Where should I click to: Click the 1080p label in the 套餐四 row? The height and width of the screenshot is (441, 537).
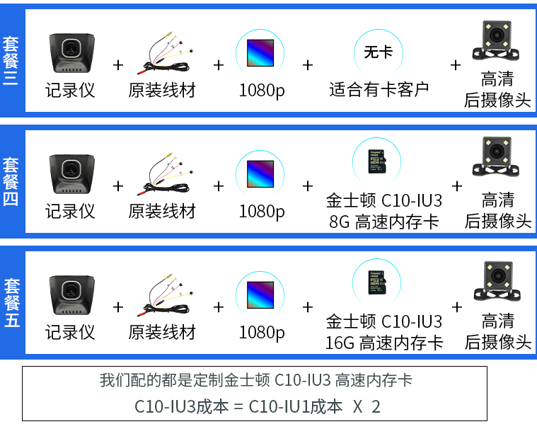(261, 212)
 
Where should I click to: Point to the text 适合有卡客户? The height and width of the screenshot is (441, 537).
(379, 90)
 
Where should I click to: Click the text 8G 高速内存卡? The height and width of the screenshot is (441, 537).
(384, 222)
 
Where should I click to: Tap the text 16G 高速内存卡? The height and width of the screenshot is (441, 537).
(384, 343)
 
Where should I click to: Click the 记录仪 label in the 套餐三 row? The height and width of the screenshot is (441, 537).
(70, 90)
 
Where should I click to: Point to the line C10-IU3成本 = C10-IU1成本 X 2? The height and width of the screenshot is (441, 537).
(258, 407)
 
